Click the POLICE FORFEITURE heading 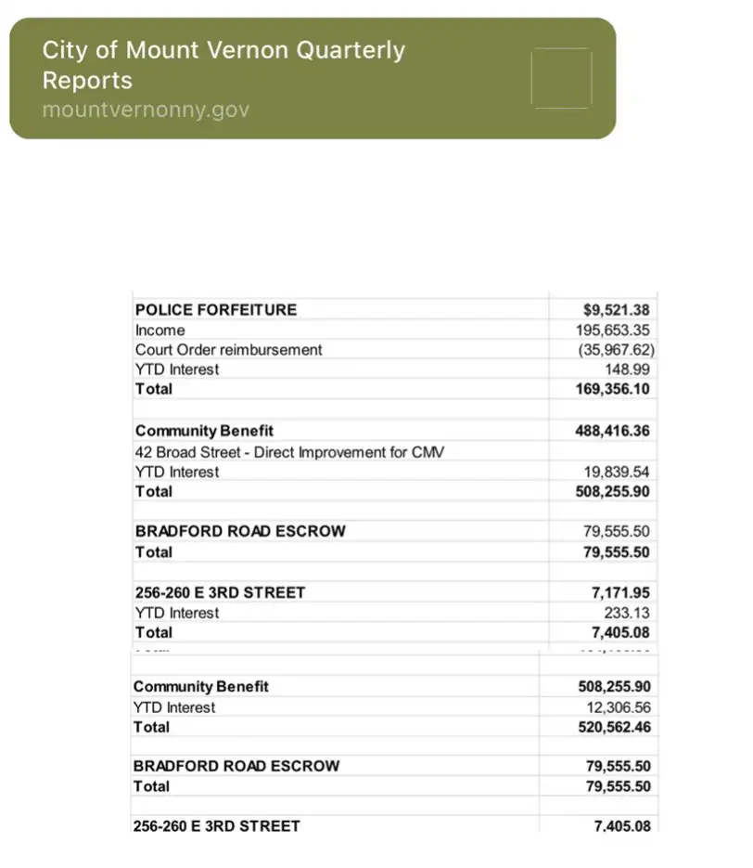(216, 310)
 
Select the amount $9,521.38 (617, 310)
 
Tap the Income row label (160, 330)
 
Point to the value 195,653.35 (613, 330)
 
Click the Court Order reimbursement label (229, 350)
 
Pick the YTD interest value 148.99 (630, 369)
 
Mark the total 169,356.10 (613, 389)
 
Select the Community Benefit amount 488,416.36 (613, 432)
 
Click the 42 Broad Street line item (289, 452)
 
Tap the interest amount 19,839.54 (617, 473)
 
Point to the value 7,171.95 (620, 592)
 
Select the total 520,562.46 (613, 727)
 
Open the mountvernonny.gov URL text (146, 110)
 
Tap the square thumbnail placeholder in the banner (561, 78)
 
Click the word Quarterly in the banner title (350, 50)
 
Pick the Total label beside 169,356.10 (154, 389)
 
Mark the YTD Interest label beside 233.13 (177, 613)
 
